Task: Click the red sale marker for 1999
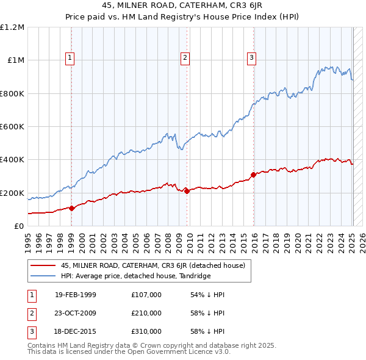pyautogui.click(x=71, y=208)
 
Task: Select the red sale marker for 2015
pyautogui.click(x=253, y=175)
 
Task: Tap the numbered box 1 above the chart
pyautogui.click(x=71, y=58)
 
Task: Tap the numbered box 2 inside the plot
pyautogui.click(x=185, y=58)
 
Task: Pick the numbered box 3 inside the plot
pyautogui.click(x=251, y=58)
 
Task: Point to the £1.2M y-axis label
pyautogui.click(x=12, y=27)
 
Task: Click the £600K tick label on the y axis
pyautogui.click(x=12, y=127)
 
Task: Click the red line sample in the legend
pyautogui.click(x=43, y=265)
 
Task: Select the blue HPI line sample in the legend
pyautogui.click(x=43, y=276)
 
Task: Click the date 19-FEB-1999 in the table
pyautogui.click(x=75, y=295)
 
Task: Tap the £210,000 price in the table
pyautogui.click(x=146, y=313)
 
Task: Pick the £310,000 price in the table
pyautogui.click(x=146, y=331)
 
